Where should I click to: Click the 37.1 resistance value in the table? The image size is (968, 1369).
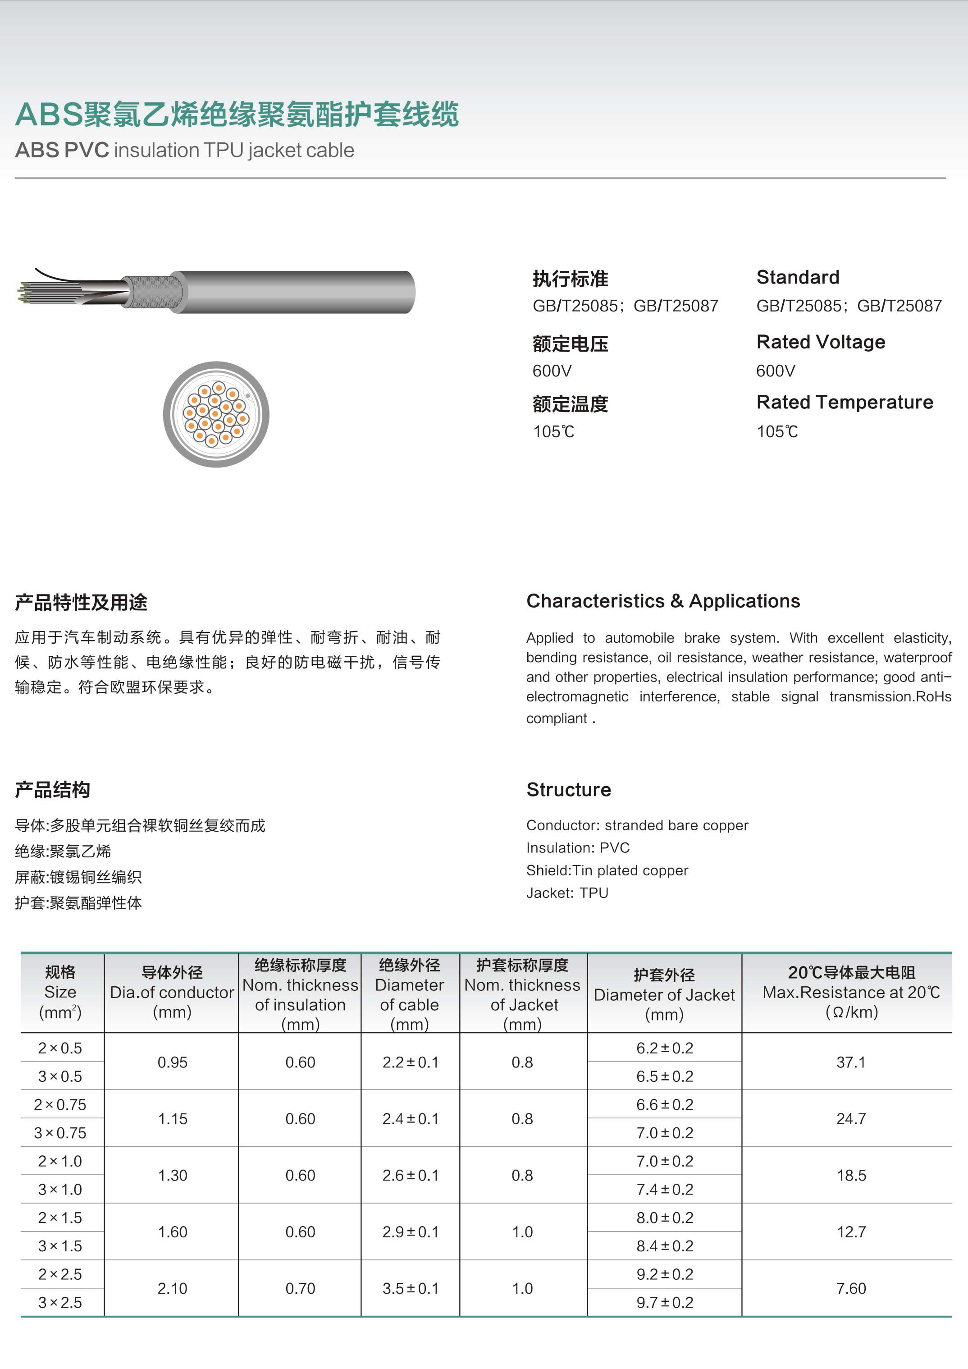(x=850, y=1062)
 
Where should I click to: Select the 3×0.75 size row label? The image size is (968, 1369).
(x=60, y=1133)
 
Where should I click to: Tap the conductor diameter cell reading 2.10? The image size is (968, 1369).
(x=172, y=1288)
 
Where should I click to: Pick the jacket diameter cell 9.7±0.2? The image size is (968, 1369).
(x=665, y=1303)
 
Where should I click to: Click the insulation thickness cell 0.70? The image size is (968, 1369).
(x=300, y=1288)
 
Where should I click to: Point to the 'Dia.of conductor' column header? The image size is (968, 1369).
(x=172, y=993)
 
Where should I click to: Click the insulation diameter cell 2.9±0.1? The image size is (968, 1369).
(x=410, y=1232)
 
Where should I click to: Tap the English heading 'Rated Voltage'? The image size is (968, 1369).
(x=820, y=342)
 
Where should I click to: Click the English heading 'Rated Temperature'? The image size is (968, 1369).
(x=844, y=403)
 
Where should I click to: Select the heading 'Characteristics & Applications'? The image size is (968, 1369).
(x=663, y=601)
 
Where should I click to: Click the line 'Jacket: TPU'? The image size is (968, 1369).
(x=567, y=893)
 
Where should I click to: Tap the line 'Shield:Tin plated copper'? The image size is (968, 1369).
(x=607, y=870)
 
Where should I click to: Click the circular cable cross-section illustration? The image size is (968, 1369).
(x=216, y=414)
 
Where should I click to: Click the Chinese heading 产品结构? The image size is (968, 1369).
(x=52, y=790)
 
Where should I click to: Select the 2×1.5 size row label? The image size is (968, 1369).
(x=60, y=1218)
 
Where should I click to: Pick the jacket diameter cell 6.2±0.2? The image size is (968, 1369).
(x=665, y=1048)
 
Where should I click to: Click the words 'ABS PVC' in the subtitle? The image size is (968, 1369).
(x=62, y=150)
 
